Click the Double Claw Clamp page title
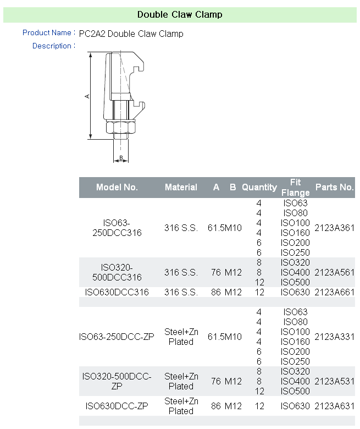pyautogui.click(x=180, y=14)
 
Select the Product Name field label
pyautogui.click(x=47, y=33)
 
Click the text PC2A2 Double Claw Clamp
pyautogui.click(x=131, y=34)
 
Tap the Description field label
pyautogui.click(x=52, y=46)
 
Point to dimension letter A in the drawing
pyautogui.click(x=87, y=96)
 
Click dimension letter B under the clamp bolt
pyautogui.click(x=121, y=158)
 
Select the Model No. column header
pyautogui.click(x=117, y=187)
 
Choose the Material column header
pyautogui.click(x=181, y=187)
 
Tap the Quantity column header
pyautogui.click(x=259, y=187)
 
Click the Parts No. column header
pyautogui.click(x=334, y=187)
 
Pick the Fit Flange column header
pyautogui.click(x=296, y=187)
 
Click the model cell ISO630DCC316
pyautogui.click(x=117, y=292)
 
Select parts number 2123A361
pyautogui.click(x=334, y=228)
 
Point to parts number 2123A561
pyautogui.click(x=334, y=272)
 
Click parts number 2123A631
pyautogui.click(x=334, y=406)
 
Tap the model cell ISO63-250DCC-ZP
pyautogui.click(x=117, y=337)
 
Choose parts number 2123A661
pyautogui.click(x=334, y=292)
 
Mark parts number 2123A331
pyautogui.click(x=334, y=337)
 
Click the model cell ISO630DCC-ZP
pyautogui.click(x=117, y=406)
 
